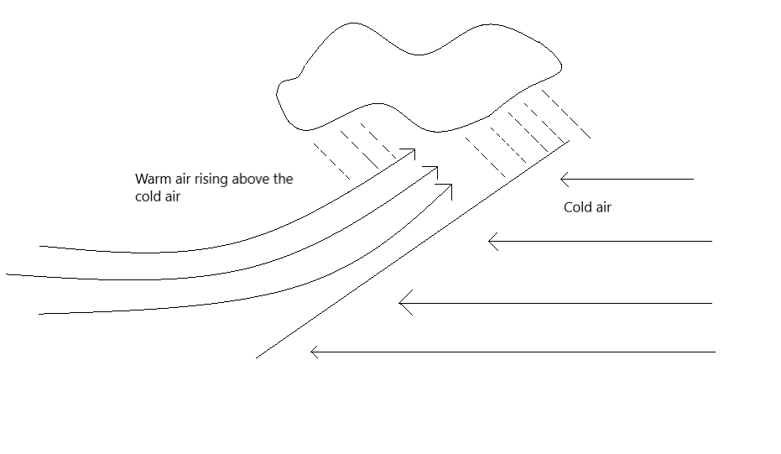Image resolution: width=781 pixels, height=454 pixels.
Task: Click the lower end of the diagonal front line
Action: (256, 357)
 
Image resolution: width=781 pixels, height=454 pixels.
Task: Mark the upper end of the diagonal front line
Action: (570, 142)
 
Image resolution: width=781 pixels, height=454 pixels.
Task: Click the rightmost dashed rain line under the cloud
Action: (565, 114)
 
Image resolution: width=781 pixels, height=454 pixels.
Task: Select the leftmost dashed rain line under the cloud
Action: (331, 161)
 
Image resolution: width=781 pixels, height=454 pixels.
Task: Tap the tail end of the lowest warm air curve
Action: (39, 314)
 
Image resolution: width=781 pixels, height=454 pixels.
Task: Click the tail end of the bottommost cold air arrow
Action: (716, 352)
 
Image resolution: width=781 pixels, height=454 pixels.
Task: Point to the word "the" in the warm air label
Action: (283, 179)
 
